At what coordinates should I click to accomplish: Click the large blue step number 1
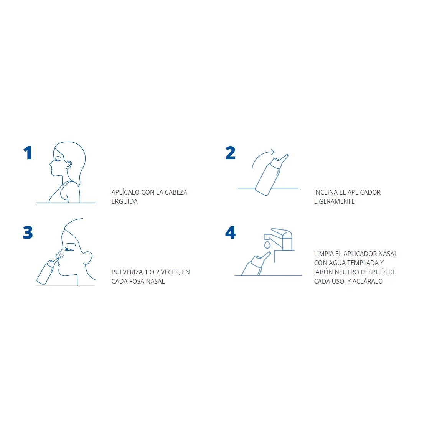[x=28, y=153]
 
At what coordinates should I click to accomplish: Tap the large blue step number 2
[x=231, y=153]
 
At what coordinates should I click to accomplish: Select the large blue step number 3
[x=28, y=232]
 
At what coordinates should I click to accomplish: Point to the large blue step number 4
[x=231, y=232]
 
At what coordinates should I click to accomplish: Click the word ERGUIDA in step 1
[x=125, y=201]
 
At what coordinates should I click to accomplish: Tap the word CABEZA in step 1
[x=176, y=193]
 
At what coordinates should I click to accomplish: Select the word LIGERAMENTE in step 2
[x=334, y=201]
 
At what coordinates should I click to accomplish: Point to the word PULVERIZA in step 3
[x=127, y=272]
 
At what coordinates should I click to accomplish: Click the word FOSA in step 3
[x=137, y=281]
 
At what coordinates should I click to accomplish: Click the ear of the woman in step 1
[x=69, y=165]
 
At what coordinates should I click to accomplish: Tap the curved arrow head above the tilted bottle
[x=272, y=152]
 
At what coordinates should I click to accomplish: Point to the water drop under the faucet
[x=267, y=244]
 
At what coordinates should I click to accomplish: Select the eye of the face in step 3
[x=69, y=249]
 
